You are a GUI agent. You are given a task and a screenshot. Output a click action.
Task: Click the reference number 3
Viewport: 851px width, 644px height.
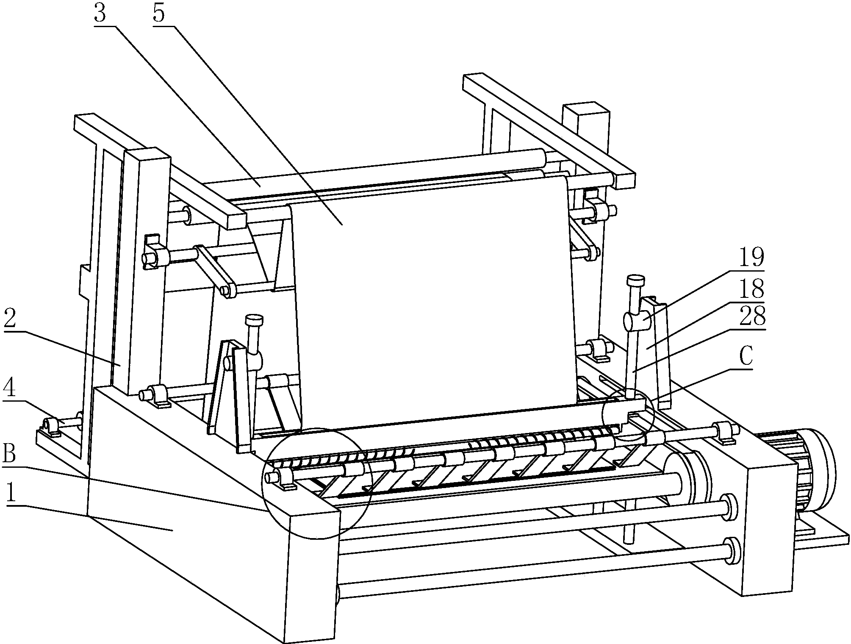pyautogui.click(x=100, y=14)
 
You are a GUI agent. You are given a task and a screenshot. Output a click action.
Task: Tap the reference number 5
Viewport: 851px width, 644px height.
pyautogui.click(x=158, y=14)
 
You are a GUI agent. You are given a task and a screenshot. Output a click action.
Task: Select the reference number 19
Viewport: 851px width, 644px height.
pyautogui.click(x=751, y=258)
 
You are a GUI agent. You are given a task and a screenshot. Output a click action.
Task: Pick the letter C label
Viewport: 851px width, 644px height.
pyautogui.click(x=746, y=357)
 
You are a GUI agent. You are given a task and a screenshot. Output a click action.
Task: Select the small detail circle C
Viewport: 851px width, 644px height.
pyautogui.click(x=628, y=414)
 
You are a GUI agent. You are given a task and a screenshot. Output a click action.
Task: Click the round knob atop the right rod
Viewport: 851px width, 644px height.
pyautogui.click(x=635, y=280)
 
